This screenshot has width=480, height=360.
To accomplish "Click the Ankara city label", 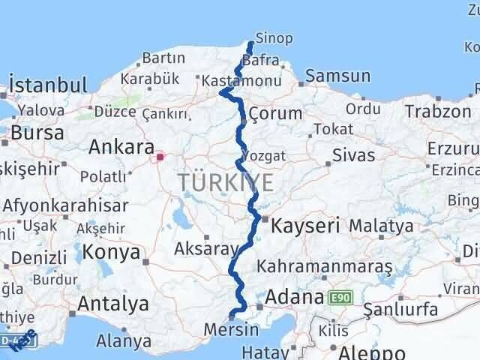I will click(x=121, y=147).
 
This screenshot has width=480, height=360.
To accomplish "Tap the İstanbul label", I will click(x=43, y=82).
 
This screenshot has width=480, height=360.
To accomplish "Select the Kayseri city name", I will click(x=305, y=224).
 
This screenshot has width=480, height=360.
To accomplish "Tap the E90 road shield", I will click(x=340, y=298).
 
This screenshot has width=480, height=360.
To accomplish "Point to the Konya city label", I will click(x=111, y=252).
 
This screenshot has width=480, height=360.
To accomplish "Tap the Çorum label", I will click(x=275, y=114).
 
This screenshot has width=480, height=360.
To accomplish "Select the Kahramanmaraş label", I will click(x=325, y=266).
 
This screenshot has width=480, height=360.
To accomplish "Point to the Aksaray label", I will click(x=205, y=248).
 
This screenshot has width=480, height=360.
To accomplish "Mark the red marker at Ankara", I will click(x=160, y=157).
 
